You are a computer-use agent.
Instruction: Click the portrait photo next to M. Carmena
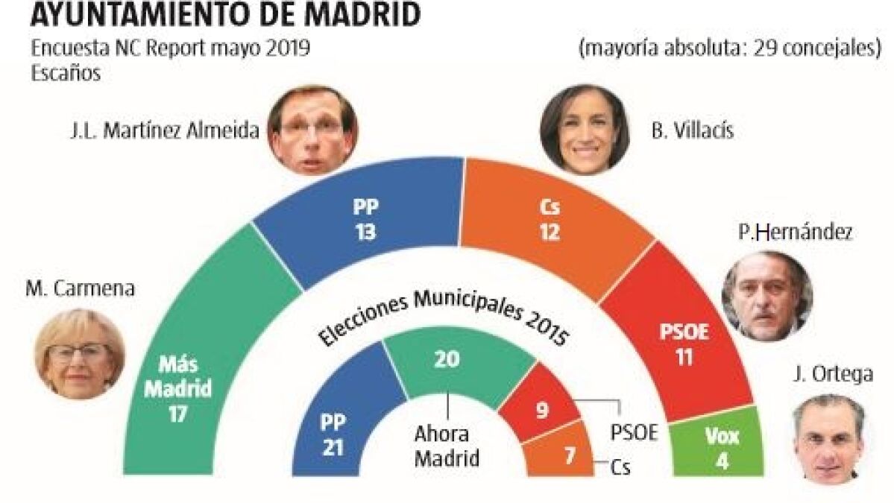[79, 354]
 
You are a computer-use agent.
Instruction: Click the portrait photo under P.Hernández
[766, 296]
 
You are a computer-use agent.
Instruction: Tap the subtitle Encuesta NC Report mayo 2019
[171, 49]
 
